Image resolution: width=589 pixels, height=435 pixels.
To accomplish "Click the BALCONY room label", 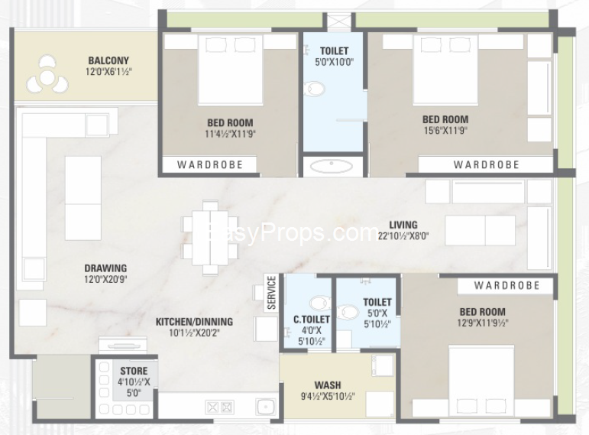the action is pos(108,60).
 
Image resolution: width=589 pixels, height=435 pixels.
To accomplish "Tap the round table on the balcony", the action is pos(47,78).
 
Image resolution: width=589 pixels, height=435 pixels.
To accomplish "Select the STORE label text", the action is pos(134,371).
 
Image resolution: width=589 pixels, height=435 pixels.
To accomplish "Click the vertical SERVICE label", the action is pos(272,293).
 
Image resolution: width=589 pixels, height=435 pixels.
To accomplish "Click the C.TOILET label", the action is pos(312,320).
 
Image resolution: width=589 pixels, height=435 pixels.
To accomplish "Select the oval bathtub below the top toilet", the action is pos(332,166).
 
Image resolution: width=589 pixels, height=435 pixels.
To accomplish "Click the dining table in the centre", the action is pos(210,238).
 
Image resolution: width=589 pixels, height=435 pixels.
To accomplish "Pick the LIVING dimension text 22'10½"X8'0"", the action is pos(403,236).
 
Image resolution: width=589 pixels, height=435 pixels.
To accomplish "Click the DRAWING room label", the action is pos(105,268).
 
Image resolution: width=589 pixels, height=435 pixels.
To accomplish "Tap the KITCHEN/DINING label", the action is pos(194,322).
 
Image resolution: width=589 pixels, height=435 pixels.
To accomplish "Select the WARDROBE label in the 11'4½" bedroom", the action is pos(210,164).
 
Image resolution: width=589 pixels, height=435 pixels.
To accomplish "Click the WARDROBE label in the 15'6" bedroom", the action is pos(487,164).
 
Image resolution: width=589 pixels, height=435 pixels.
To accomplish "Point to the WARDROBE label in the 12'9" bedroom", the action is pos(506,285).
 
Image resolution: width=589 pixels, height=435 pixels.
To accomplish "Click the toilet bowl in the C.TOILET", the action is pos(320,303).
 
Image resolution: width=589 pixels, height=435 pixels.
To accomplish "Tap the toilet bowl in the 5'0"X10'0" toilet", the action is pos(314,89).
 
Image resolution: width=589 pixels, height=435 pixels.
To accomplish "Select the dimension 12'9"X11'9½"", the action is pos(483,323).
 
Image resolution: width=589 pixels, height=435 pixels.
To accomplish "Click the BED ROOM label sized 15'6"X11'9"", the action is pos(445,119).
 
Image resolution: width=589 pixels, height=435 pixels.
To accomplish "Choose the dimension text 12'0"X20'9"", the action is pos(105,279).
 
